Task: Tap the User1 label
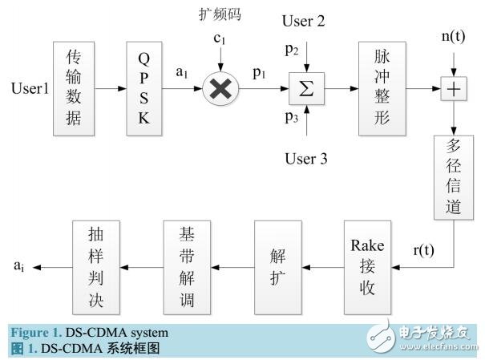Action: coord(29,87)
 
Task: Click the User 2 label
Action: coord(305,22)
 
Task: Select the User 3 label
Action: coord(305,158)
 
